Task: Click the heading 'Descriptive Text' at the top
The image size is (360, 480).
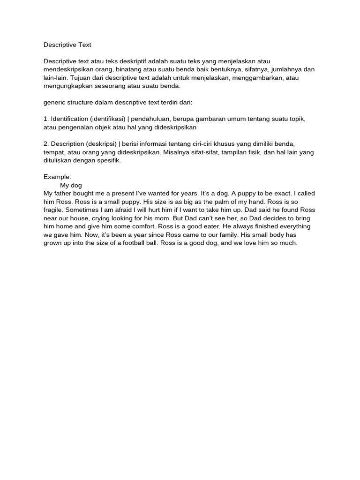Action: click(67, 45)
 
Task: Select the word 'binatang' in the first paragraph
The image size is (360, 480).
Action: click(124, 69)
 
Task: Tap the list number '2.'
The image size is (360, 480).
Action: click(46, 143)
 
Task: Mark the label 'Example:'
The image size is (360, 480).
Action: click(57, 177)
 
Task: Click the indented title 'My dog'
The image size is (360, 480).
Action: click(71, 185)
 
